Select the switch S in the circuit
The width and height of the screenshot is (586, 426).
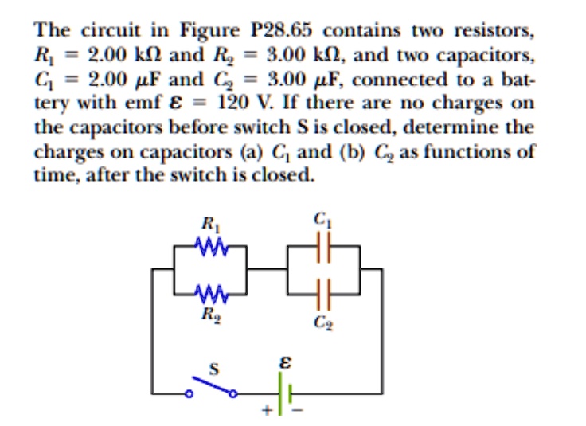tap(212, 388)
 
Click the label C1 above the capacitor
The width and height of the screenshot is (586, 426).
tap(321, 218)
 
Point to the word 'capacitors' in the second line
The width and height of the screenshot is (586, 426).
tap(482, 56)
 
